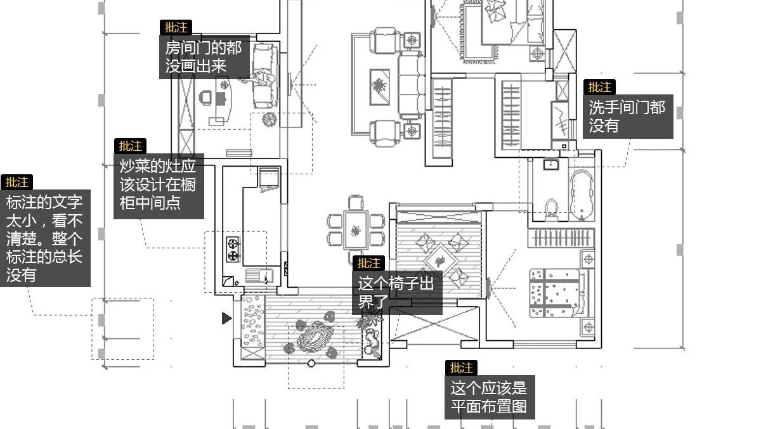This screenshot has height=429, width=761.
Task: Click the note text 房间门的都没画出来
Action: (x=204, y=57)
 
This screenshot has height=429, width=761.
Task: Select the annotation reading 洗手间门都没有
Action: (x=627, y=117)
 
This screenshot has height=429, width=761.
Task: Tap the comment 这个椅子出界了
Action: (x=396, y=292)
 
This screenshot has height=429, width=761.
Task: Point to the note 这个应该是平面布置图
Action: (x=489, y=396)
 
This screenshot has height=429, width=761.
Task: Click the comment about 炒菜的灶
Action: (x=159, y=185)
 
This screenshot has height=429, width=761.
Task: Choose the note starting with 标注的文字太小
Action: (x=44, y=238)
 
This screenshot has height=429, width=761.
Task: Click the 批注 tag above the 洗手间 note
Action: (x=599, y=87)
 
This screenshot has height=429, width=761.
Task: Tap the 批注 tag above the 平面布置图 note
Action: (x=462, y=368)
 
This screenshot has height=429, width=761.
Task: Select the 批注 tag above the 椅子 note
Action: (x=368, y=263)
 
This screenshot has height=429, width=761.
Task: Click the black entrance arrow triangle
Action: (x=226, y=318)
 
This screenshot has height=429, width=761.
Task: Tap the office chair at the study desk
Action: (x=206, y=98)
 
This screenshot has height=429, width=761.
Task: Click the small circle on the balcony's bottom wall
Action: (x=311, y=363)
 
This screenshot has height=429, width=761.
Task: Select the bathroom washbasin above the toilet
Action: (x=550, y=165)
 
